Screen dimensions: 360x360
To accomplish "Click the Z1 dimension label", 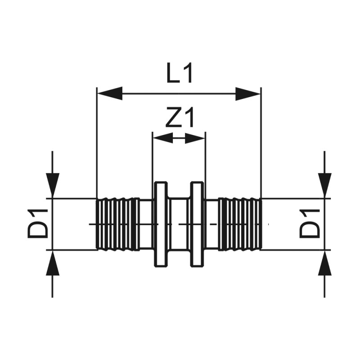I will (179, 119).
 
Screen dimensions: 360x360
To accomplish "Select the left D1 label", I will (38, 224).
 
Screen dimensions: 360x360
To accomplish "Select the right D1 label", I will (310, 224).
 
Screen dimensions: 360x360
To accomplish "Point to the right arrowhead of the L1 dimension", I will (248, 94).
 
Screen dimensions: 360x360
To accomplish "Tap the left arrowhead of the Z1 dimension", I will (162, 138).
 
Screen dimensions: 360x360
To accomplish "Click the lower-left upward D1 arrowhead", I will (53, 264).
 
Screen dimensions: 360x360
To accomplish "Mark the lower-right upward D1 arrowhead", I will (324, 264).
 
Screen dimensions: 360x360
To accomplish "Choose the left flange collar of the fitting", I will (161, 224).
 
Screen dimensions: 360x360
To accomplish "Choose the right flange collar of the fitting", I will (197, 224).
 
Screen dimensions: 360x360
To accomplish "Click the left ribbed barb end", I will (117, 224).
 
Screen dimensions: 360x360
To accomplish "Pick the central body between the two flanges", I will (179, 224).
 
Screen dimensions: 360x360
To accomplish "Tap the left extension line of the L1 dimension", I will (97, 144).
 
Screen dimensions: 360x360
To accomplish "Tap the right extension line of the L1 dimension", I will (261, 144).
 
